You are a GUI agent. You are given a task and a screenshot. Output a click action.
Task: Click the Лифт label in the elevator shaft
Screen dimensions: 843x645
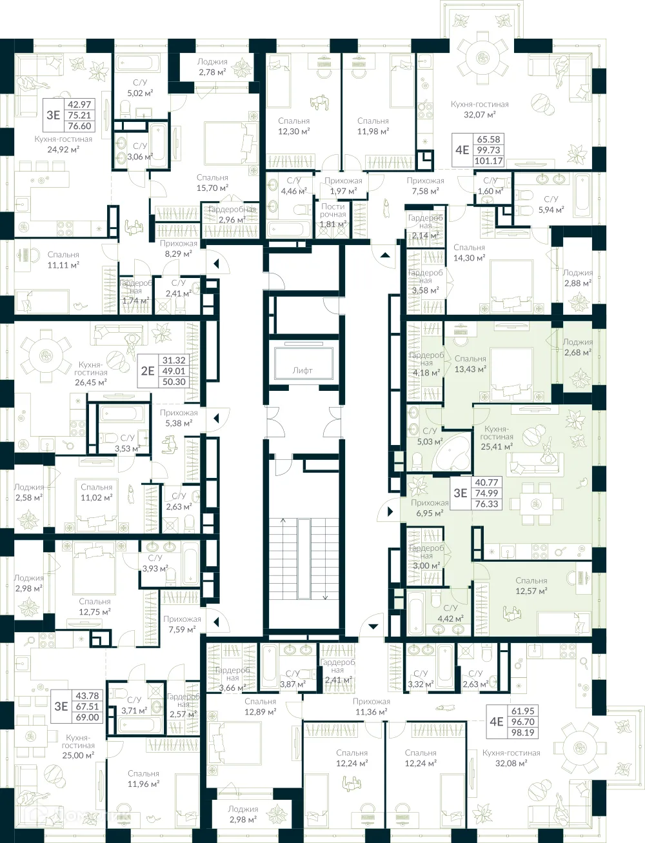pyautogui.click(x=302, y=370)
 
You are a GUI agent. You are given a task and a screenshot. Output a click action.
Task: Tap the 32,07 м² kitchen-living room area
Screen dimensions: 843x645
pyautogui.click(x=479, y=115)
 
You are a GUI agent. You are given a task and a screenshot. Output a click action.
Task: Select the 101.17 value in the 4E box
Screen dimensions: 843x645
pyautogui.click(x=487, y=161)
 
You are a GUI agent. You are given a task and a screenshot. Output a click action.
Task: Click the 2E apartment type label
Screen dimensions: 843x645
pyautogui.click(x=148, y=370)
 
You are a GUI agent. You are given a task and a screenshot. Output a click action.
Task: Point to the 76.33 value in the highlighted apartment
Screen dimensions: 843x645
pyautogui.click(x=486, y=504)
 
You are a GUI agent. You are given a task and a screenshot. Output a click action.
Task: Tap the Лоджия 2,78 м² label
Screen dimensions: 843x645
pyautogui.click(x=212, y=67)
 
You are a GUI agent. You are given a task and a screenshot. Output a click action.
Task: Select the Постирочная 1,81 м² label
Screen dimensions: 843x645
pyautogui.click(x=333, y=215)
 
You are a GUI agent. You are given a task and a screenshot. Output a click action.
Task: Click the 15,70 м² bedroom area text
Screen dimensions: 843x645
pyautogui.click(x=212, y=188)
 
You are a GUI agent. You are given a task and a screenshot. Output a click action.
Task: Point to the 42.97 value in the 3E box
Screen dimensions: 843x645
pyautogui.click(x=79, y=104)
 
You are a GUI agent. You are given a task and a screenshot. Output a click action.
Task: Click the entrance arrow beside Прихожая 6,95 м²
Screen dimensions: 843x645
pyautogui.click(x=390, y=512)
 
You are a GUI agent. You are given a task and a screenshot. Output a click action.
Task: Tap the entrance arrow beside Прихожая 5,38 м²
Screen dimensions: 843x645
pyautogui.click(x=217, y=418)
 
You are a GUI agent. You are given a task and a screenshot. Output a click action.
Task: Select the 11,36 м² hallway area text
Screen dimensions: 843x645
pyautogui.click(x=371, y=712)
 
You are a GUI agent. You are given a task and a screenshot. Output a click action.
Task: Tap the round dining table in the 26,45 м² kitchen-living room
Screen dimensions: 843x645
pyautogui.click(x=45, y=355)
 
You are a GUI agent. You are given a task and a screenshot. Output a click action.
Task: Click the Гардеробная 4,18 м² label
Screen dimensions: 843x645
pyautogui.click(x=426, y=364)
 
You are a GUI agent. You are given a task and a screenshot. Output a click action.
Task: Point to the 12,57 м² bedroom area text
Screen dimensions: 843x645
pyautogui.click(x=531, y=591)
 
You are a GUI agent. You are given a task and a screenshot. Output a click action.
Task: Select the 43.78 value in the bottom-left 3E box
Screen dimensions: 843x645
pyautogui.click(x=87, y=695)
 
